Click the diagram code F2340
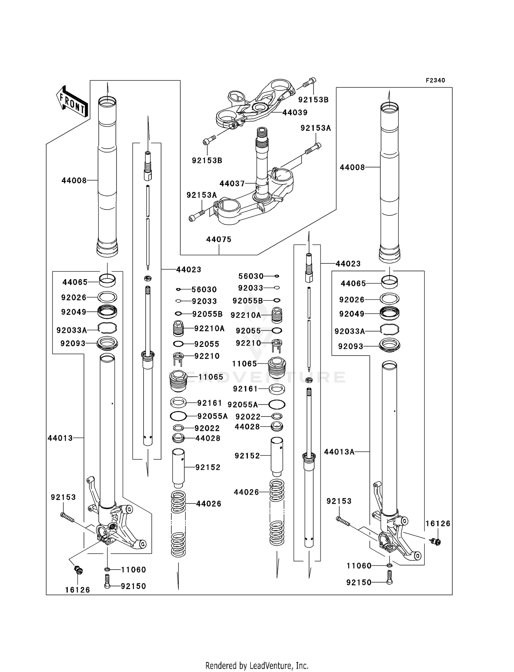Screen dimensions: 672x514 click(435, 80)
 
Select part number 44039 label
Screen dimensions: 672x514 click(295, 112)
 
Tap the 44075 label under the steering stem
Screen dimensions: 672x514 click(219, 239)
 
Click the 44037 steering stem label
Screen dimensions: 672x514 click(232, 184)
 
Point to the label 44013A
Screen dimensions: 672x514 click(339, 452)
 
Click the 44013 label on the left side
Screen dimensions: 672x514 click(60, 438)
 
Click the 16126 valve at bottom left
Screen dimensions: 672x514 click(79, 571)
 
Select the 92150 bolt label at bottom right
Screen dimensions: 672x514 click(359, 582)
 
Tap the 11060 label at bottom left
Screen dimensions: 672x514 click(133, 570)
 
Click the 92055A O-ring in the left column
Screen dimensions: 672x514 click(178, 416)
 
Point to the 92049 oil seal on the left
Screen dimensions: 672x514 click(107, 312)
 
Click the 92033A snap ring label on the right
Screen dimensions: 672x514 click(350, 331)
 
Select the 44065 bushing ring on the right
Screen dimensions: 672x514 click(390, 282)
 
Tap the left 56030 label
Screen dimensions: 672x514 click(204, 289)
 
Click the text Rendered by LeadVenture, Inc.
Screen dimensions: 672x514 click(257, 665)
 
